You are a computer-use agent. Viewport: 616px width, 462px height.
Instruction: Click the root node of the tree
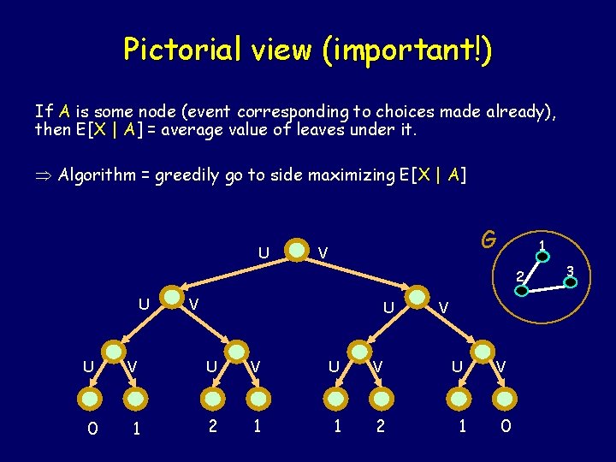click(296, 251)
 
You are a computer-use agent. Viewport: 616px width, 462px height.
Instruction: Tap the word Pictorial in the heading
click(175, 50)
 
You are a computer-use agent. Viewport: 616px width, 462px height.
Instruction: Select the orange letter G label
click(488, 239)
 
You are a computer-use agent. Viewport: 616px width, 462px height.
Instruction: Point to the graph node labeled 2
click(522, 289)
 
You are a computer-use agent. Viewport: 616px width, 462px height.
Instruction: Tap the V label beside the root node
click(323, 252)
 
